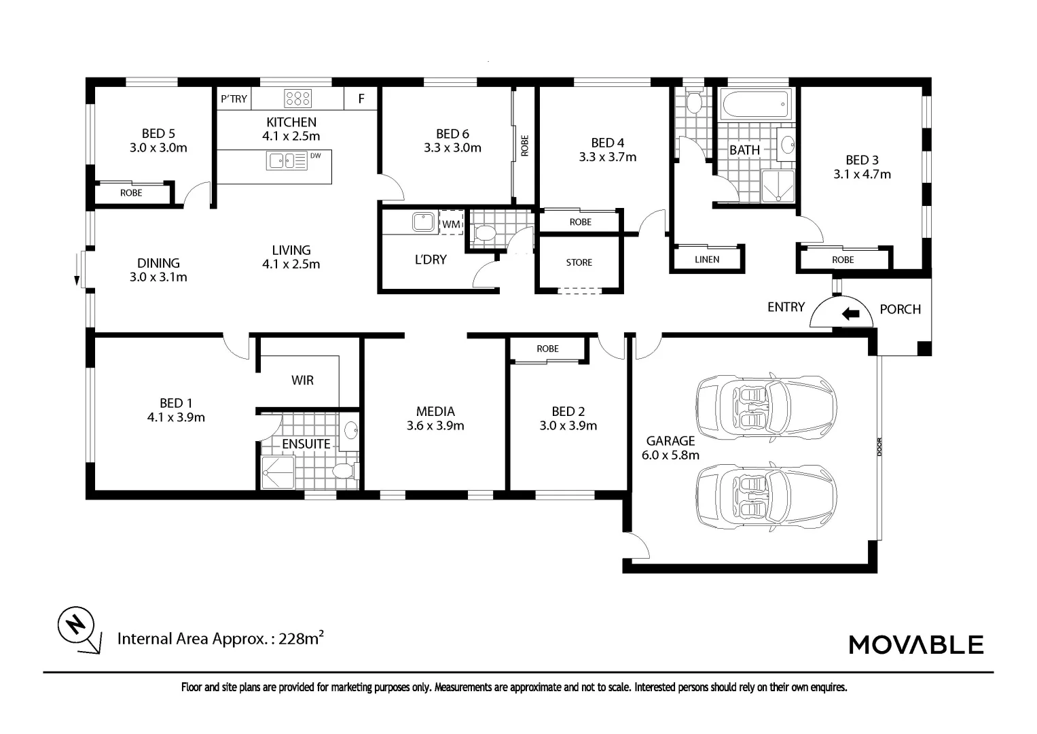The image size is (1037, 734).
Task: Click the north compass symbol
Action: (79, 630)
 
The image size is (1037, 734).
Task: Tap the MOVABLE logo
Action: (916, 644)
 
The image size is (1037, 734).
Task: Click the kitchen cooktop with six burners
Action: (298, 99)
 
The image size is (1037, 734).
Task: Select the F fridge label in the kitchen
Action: (361, 99)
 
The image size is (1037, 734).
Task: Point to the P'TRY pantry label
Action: (234, 99)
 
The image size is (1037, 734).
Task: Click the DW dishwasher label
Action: (316, 155)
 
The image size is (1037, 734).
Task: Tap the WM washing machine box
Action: (451, 223)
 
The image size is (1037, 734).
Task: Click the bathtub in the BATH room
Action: (755, 104)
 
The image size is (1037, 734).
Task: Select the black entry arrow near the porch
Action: (851, 314)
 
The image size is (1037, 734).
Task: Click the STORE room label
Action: (579, 262)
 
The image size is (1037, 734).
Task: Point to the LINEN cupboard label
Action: (707, 260)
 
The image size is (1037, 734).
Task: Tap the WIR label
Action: (302, 381)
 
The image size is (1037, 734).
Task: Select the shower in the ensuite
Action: (278, 472)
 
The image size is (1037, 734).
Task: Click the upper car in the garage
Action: (766, 406)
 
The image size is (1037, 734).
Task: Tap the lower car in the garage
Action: (766, 496)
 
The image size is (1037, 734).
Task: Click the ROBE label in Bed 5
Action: (131, 193)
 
